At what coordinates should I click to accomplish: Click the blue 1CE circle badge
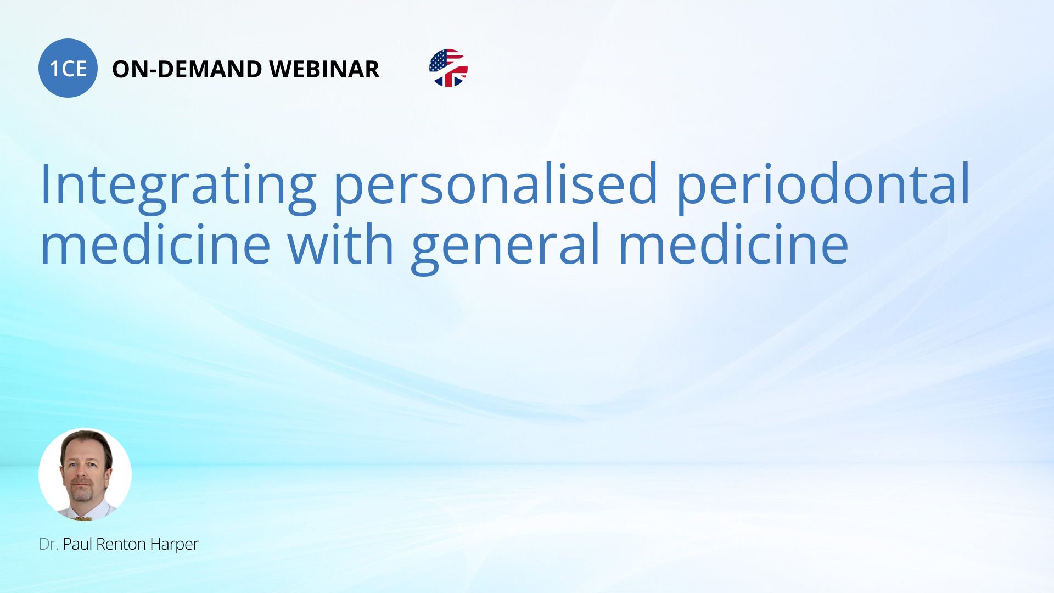(x=68, y=68)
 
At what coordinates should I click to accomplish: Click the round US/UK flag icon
(x=448, y=68)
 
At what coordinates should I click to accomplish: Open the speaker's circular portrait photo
(x=85, y=474)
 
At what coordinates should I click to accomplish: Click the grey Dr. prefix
(x=48, y=544)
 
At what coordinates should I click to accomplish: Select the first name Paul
(x=77, y=544)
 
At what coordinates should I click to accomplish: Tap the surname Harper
(x=174, y=546)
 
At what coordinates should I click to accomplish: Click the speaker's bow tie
(x=82, y=518)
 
